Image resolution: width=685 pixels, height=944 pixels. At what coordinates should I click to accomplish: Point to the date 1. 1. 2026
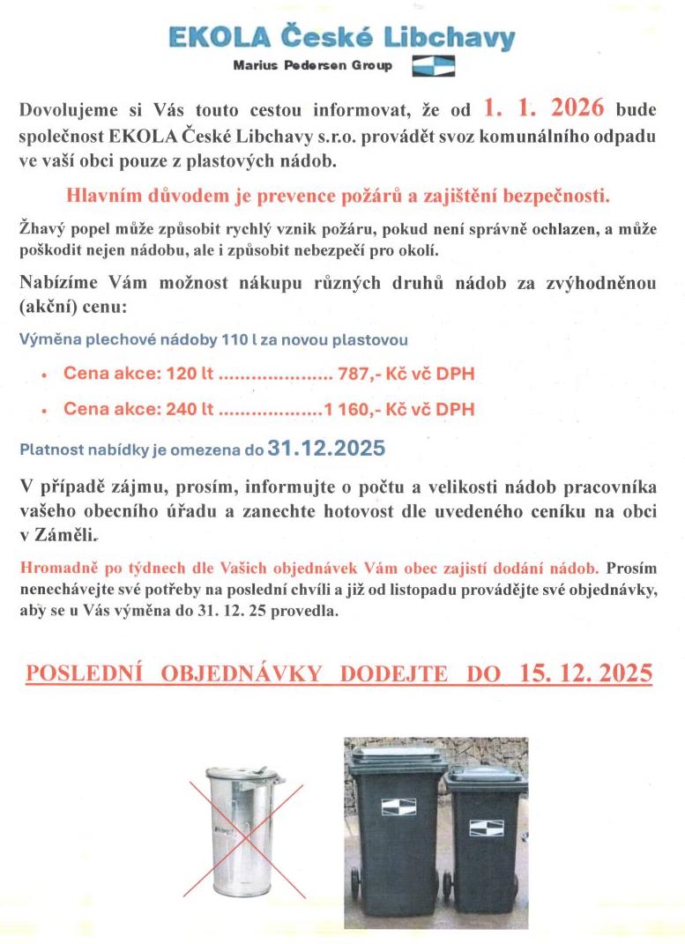tap(543, 109)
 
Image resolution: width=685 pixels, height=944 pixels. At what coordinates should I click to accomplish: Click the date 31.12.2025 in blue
tap(326, 448)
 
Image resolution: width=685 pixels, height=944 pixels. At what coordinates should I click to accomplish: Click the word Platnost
tap(48, 450)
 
